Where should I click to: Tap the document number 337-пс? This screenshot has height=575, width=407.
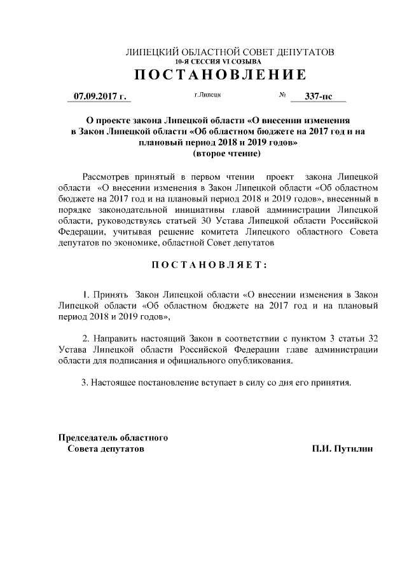click(x=318, y=97)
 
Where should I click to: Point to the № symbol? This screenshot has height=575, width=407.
click(x=282, y=95)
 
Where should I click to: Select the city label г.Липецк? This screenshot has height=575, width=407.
click(x=208, y=95)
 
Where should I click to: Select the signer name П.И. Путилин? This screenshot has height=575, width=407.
click(x=342, y=449)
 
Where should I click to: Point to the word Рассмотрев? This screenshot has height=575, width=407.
click(x=108, y=175)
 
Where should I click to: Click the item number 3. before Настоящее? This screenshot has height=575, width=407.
click(x=85, y=383)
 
